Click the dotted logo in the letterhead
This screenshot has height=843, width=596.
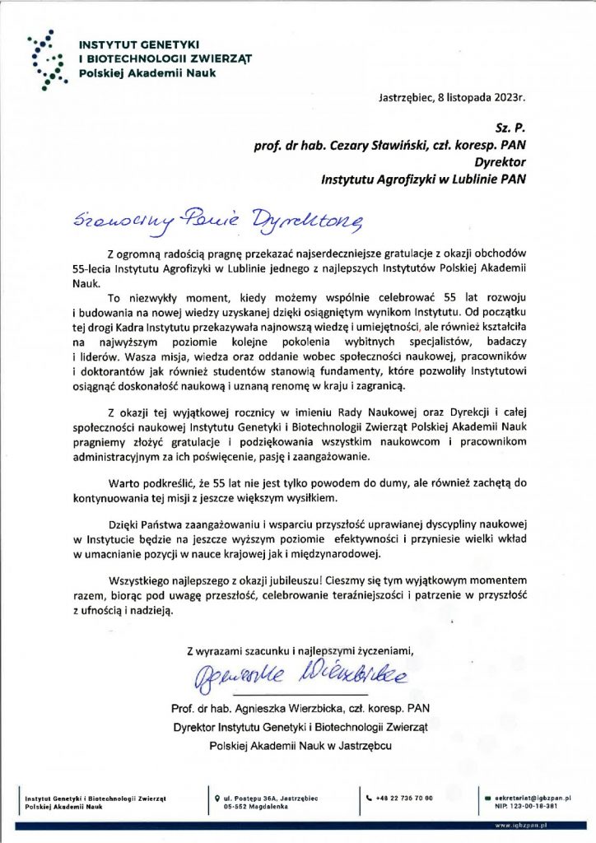[48, 58]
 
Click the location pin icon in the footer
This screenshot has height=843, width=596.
[216, 799]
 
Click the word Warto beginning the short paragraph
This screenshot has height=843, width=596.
[123, 482]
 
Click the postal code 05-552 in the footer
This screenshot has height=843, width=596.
[239, 807]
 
